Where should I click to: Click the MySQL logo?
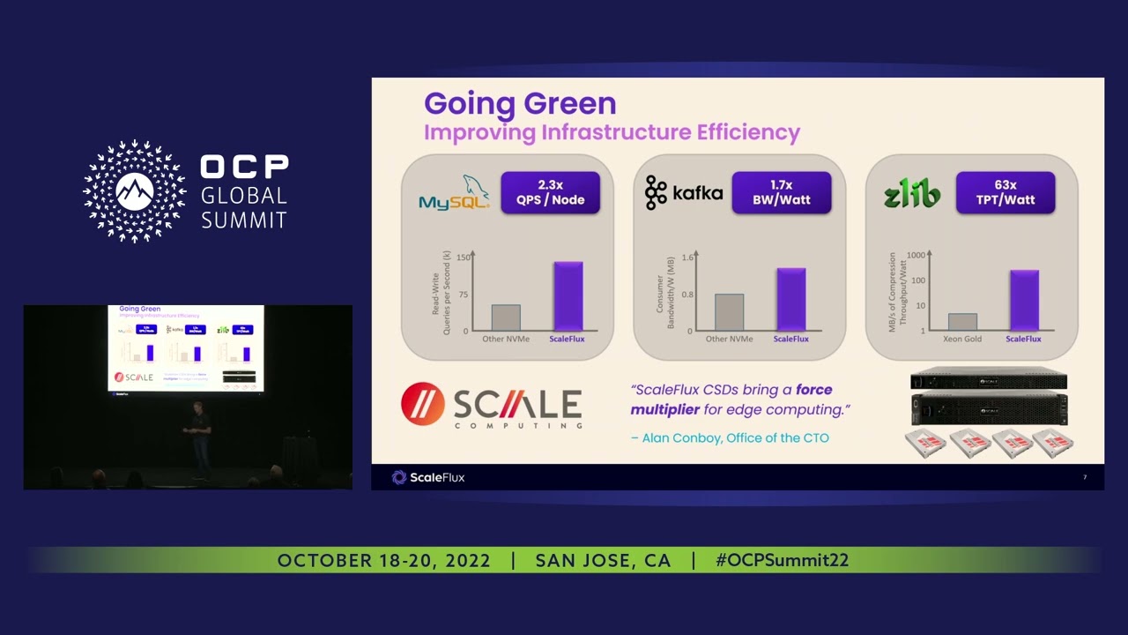tap(454, 193)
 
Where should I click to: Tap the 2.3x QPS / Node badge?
tap(550, 192)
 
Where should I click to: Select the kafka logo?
tap(684, 193)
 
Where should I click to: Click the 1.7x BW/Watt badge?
tap(781, 192)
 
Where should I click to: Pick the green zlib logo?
tap(911, 193)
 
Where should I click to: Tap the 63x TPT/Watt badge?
tap(1005, 192)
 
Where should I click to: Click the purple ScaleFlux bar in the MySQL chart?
tap(568, 296)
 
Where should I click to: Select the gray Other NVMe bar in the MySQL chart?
tap(506, 317)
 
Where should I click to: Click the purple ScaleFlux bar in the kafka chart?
tap(790, 300)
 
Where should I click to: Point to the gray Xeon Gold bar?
tap(962, 322)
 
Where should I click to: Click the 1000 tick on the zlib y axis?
tap(916, 256)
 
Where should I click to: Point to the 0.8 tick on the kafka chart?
tap(687, 295)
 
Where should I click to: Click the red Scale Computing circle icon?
tap(422, 404)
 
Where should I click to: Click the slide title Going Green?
tap(520, 103)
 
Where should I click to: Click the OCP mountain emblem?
tap(134, 191)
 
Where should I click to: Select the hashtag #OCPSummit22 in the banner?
tap(782, 561)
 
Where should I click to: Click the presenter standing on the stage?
tap(200, 438)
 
